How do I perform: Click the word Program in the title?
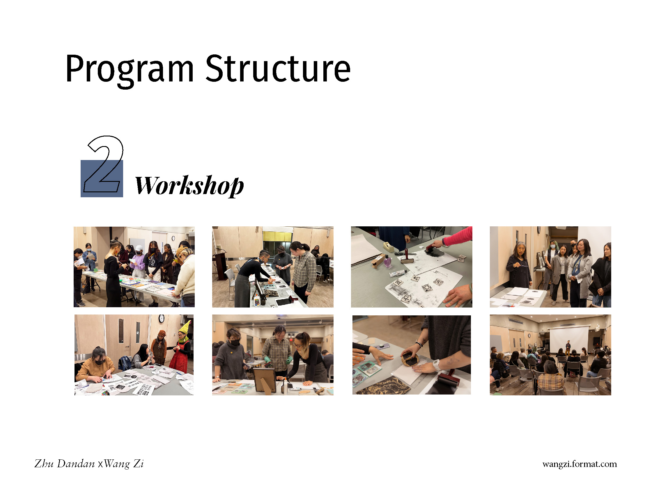130,70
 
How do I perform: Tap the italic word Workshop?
189,185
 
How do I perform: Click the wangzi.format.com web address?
579,464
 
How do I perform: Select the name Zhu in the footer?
44,463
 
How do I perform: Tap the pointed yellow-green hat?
185,327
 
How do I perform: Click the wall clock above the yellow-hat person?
162,318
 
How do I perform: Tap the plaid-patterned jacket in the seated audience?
551,383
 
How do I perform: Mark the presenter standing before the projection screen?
568,348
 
